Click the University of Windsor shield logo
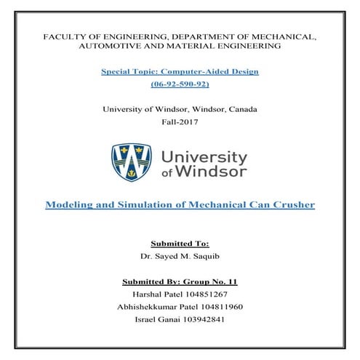tap(130, 163)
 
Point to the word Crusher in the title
tap(290, 205)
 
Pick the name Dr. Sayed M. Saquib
tap(180, 257)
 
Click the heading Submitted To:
tap(180, 244)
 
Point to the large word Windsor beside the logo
tap(216, 172)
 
